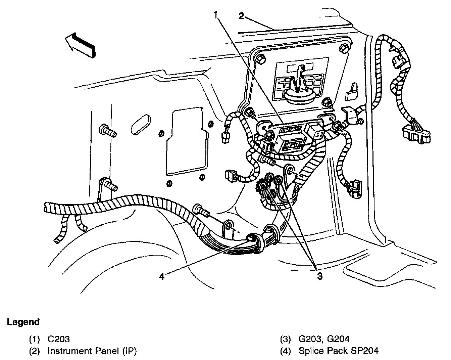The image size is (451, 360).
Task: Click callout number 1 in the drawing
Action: point(216,15)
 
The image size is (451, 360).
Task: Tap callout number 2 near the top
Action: point(241,16)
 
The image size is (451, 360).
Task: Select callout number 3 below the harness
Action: point(320,276)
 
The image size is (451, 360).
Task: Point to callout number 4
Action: point(162,276)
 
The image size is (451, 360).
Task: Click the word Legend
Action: point(23,322)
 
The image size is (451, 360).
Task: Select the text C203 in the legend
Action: point(59,339)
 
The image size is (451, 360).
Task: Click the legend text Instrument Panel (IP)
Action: point(92,351)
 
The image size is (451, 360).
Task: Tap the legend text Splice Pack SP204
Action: point(339,351)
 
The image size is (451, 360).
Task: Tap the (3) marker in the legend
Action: point(286,339)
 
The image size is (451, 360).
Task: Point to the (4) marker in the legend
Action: point(286,351)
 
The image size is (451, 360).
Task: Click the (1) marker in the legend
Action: point(35,339)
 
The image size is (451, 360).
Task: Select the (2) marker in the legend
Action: point(35,351)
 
